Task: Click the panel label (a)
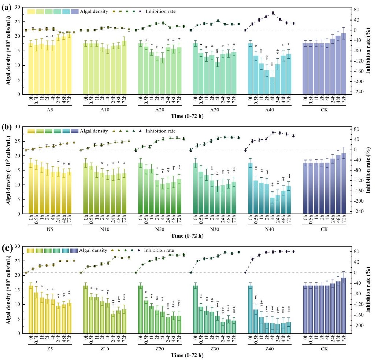[x=7, y=5]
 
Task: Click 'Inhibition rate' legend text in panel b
[x=161, y=131]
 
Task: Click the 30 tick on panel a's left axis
[x=18, y=7]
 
